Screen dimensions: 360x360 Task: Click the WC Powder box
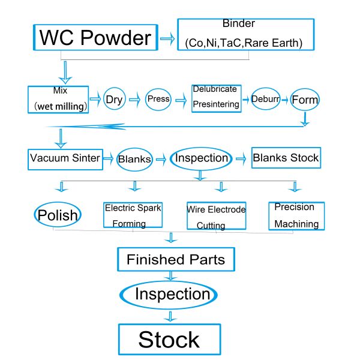[x=95, y=38]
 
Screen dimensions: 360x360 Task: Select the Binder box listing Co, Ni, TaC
[x=246, y=34]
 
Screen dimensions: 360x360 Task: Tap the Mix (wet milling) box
[x=58, y=99]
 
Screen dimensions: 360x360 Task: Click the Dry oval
[x=114, y=99]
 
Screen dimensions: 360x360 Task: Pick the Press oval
[x=158, y=99]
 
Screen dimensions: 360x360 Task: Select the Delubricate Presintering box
[x=216, y=97]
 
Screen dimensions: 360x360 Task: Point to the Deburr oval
[x=266, y=98]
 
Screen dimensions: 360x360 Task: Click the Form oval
[x=305, y=100]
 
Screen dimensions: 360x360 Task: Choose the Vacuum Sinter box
[x=64, y=158]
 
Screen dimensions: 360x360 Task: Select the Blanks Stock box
[x=286, y=158]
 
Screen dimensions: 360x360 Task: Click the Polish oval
[x=58, y=215]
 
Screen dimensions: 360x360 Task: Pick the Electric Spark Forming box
[x=133, y=215]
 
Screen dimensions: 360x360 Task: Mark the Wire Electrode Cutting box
[x=216, y=216]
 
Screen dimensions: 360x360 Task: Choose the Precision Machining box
[x=296, y=215]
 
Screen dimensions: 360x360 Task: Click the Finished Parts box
[x=175, y=260]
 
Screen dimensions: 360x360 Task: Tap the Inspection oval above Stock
[x=172, y=295]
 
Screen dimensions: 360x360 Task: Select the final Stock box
[x=169, y=339]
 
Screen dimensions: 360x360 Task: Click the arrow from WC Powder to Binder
[x=167, y=38]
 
